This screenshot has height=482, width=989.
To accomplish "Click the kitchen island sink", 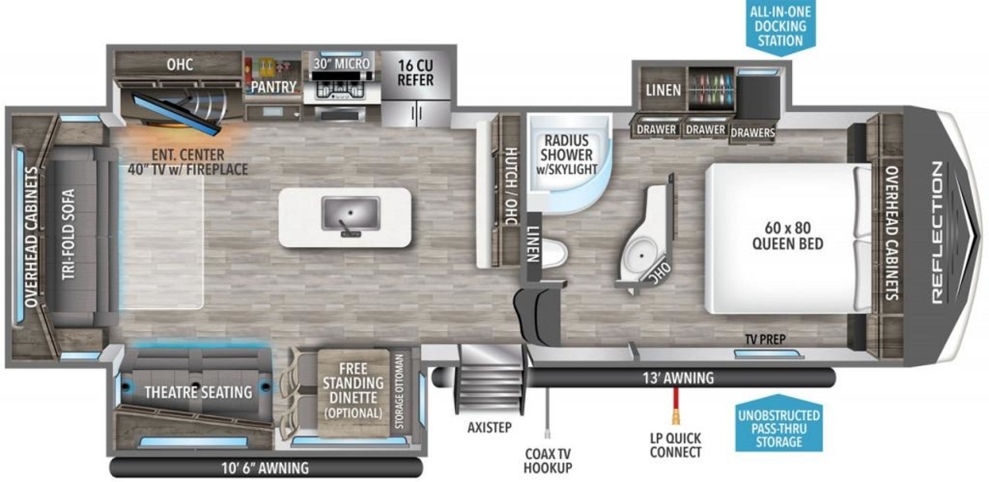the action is pyautogui.click(x=350, y=213).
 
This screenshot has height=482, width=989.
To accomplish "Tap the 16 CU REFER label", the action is pyautogui.click(x=415, y=73).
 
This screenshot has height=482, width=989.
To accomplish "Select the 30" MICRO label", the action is pyautogui.click(x=341, y=63).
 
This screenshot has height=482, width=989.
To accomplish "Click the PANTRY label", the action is pyautogui.click(x=274, y=87).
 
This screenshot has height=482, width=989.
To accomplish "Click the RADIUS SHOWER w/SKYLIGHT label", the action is pyautogui.click(x=566, y=155).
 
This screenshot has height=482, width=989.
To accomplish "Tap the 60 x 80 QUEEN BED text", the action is pyautogui.click(x=788, y=236).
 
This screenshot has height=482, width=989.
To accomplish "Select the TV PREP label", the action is pyautogui.click(x=765, y=339).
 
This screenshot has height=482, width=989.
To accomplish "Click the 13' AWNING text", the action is pyautogui.click(x=677, y=378).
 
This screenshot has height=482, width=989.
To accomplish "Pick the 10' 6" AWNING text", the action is pyautogui.click(x=265, y=468).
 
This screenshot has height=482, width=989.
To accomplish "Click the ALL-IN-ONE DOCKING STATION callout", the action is pyautogui.click(x=780, y=27).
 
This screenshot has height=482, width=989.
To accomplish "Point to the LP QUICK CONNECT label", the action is pyautogui.click(x=676, y=445).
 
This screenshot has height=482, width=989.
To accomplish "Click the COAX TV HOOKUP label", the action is pyautogui.click(x=547, y=461).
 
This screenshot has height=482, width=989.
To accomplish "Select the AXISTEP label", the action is pyautogui.click(x=490, y=428).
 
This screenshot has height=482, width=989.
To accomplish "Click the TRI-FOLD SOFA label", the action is pyautogui.click(x=68, y=234).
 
